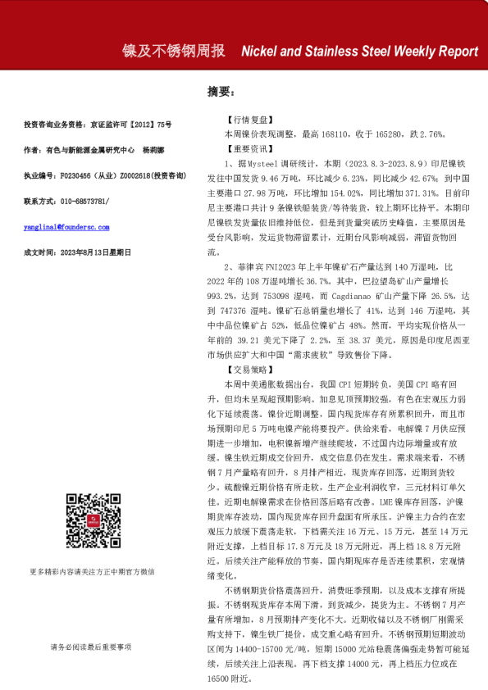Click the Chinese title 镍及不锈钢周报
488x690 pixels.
(173, 51)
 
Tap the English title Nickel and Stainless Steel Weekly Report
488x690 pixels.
(360, 51)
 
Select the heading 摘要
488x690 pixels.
(221, 92)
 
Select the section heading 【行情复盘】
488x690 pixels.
(244, 120)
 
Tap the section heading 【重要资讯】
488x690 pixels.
(244, 150)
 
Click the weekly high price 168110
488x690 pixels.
(325, 134)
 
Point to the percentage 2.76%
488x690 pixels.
(431, 134)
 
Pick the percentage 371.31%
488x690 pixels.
(422, 194)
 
